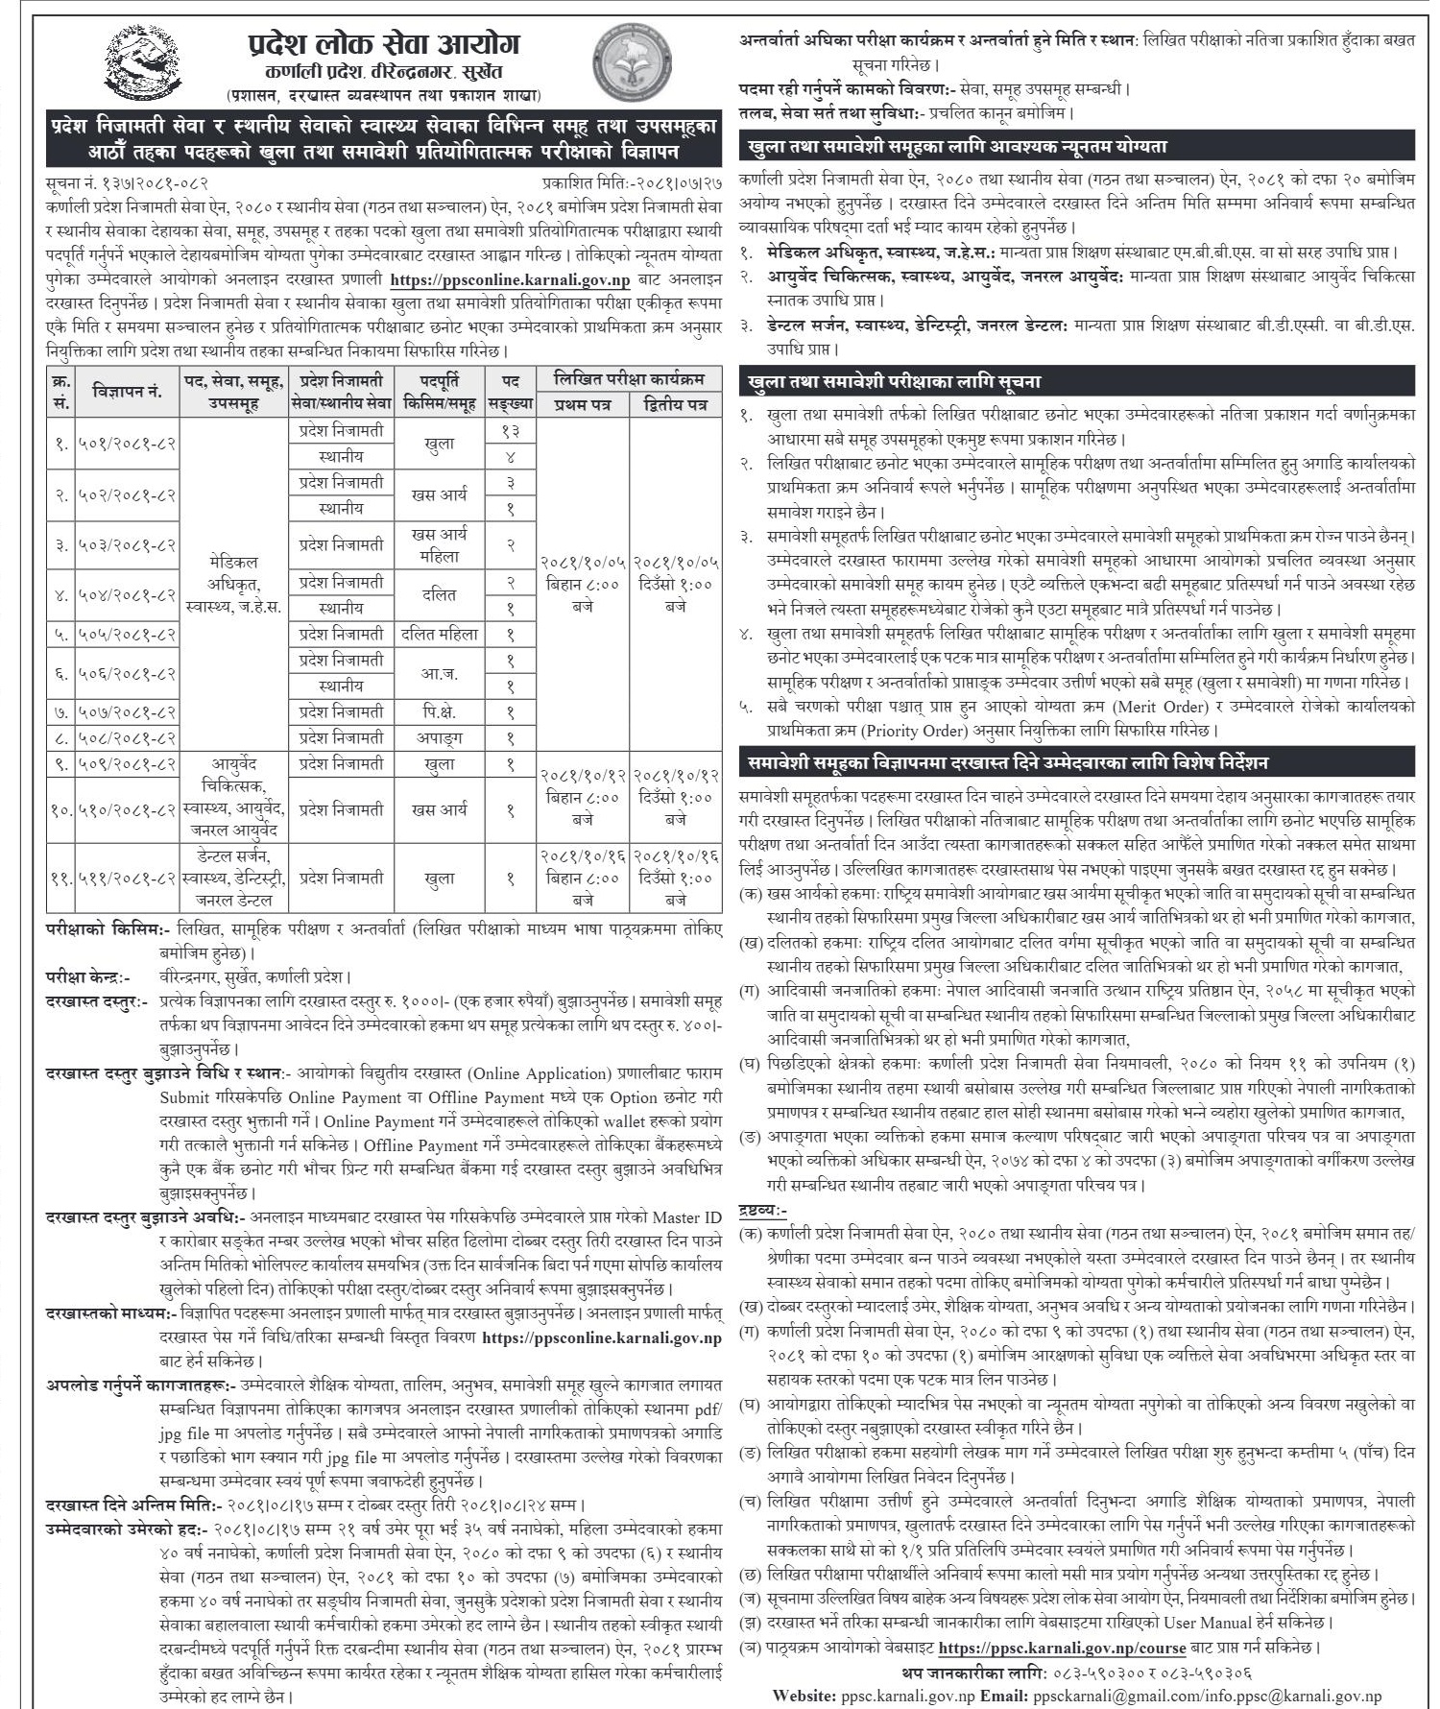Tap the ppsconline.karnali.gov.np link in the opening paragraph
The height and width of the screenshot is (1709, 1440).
(510, 281)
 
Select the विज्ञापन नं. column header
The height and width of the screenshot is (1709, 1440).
(128, 391)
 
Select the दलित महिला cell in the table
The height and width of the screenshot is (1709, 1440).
(439, 634)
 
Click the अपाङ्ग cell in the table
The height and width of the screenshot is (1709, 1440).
(439, 737)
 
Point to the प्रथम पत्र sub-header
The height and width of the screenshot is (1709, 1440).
(582, 405)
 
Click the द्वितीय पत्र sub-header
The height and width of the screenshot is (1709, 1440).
(676, 405)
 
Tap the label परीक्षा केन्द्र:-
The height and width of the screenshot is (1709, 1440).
(87, 976)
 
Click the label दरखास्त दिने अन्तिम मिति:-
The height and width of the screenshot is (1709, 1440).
(134, 1504)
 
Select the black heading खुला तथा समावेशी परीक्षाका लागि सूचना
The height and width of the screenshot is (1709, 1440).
(895, 381)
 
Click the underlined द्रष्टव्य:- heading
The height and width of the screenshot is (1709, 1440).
(763, 1212)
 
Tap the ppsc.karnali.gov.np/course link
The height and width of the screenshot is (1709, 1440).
(1062, 1648)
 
